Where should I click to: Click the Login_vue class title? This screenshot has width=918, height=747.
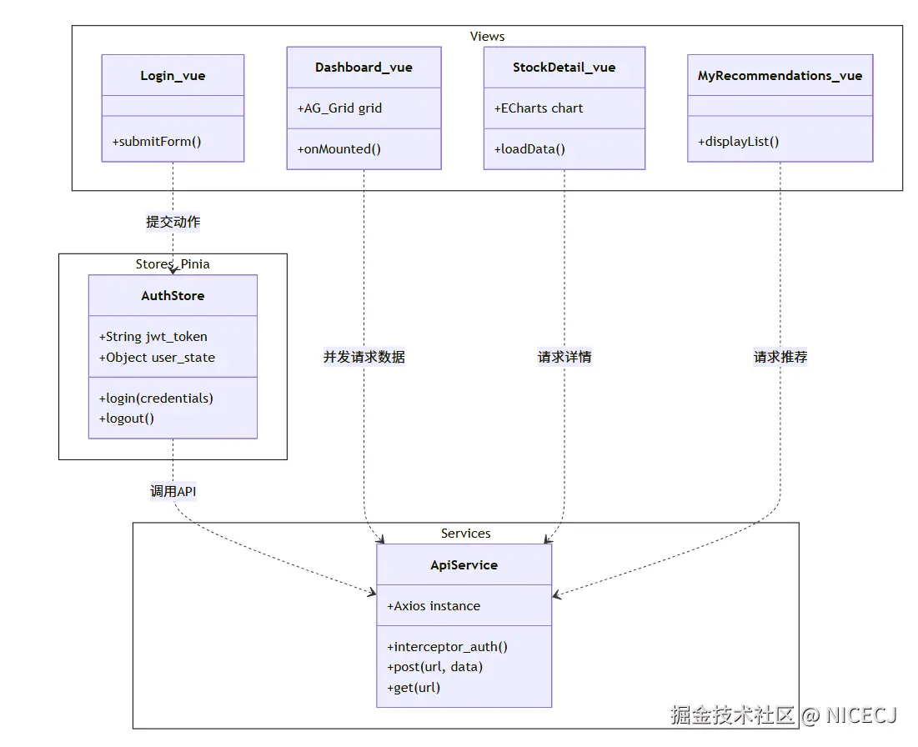[x=173, y=76]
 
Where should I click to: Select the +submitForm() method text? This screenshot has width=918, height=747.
[x=157, y=141]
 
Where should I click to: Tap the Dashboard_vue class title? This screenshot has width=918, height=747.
[x=364, y=68]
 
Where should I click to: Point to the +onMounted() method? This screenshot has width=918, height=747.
[x=339, y=149]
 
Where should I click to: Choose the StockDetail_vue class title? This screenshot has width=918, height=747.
[x=564, y=68]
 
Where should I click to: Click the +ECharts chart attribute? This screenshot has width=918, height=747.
[x=539, y=108]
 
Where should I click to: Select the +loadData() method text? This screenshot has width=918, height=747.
[x=529, y=149]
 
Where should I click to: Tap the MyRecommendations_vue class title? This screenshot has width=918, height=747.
[x=780, y=76]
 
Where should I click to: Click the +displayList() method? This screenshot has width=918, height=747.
[x=738, y=141]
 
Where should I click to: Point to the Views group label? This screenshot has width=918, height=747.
[x=487, y=36]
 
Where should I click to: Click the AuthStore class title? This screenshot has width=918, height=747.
[x=173, y=296]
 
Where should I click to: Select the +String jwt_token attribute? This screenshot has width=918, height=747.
[x=153, y=337]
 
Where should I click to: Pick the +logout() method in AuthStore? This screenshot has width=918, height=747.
[x=127, y=419]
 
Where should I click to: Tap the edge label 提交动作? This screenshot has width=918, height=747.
[x=173, y=222]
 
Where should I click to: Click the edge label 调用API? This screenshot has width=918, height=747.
[x=173, y=491]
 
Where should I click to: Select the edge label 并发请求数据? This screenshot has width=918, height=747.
[x=364, y=357]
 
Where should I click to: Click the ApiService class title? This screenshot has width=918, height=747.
[x=464, y=565]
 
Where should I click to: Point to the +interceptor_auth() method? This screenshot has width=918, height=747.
[x=447, y=647]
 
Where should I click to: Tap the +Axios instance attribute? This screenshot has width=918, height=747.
[x=434, y=606]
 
